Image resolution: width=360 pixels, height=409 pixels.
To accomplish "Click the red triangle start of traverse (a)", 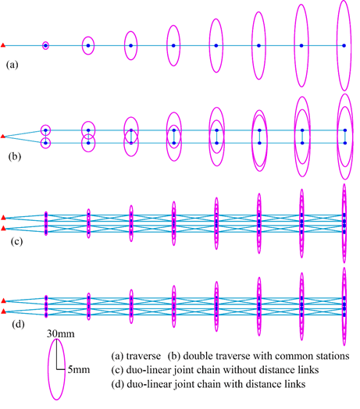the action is click(x=3, y=45).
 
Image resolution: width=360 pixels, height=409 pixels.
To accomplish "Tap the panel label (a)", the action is click(x=12, y=65).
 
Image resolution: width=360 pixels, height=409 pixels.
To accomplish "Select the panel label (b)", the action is click(x=15, y=157).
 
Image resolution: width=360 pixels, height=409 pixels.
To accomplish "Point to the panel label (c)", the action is click(x=16, y=241).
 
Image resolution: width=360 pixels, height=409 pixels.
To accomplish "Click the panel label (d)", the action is click(x=18, y=324).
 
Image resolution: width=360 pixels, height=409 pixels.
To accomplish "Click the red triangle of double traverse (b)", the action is click(x=3, y=136).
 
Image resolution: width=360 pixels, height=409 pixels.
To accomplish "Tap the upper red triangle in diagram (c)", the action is click(x=3, y=217).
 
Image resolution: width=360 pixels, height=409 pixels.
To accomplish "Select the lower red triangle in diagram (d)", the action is click(x=3, y=311).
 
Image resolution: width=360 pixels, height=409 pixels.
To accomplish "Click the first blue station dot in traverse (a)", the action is click(x=45, y=45).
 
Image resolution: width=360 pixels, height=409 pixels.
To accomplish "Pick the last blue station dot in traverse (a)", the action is click(x=344, y=45).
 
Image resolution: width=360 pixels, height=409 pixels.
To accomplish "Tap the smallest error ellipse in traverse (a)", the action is click(x=42, y=45).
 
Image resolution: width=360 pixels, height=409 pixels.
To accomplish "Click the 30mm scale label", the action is click(x=61, y=333).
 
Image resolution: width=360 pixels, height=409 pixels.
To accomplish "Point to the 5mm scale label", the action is click(x=79, y=370).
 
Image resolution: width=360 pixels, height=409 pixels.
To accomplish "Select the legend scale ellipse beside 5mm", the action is click(x=48, y=369).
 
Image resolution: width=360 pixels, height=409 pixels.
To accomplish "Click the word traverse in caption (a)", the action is click(x=144, y=356).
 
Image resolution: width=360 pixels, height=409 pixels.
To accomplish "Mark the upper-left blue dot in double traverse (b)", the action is click(x=46, y=130).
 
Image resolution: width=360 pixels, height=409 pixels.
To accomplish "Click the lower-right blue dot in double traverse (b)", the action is click(x=345, y=143).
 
